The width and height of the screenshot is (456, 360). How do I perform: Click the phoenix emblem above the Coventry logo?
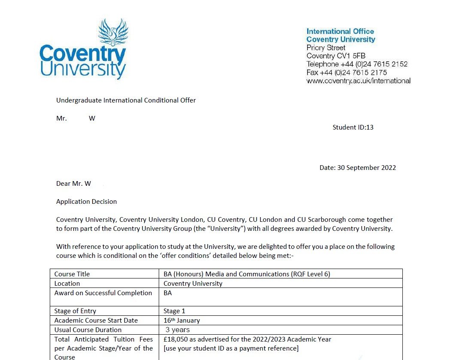[113, 33]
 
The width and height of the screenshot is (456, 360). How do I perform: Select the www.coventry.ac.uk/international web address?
[358, 81]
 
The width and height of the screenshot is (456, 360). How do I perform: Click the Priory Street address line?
[326, 48]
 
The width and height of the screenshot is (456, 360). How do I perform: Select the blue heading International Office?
[340, 31]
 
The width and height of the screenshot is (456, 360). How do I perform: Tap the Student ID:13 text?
[353, 127]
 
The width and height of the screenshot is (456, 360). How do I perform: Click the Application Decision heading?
[86, 201]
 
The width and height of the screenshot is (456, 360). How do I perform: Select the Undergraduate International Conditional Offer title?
[126, 100]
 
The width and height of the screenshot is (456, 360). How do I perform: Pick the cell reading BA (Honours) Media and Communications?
[247, 274]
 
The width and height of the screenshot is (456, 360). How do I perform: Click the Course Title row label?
[72, 274]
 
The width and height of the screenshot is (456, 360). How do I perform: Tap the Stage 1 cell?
[174, 311]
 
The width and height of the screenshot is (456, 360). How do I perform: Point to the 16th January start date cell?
[181, 321]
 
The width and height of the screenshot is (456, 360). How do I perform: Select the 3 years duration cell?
[178, 330]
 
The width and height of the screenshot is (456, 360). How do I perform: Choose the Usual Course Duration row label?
[88, 330]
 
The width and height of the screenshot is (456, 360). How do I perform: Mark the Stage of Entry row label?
[75, 311]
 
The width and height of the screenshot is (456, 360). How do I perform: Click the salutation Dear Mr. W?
[73, 184]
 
